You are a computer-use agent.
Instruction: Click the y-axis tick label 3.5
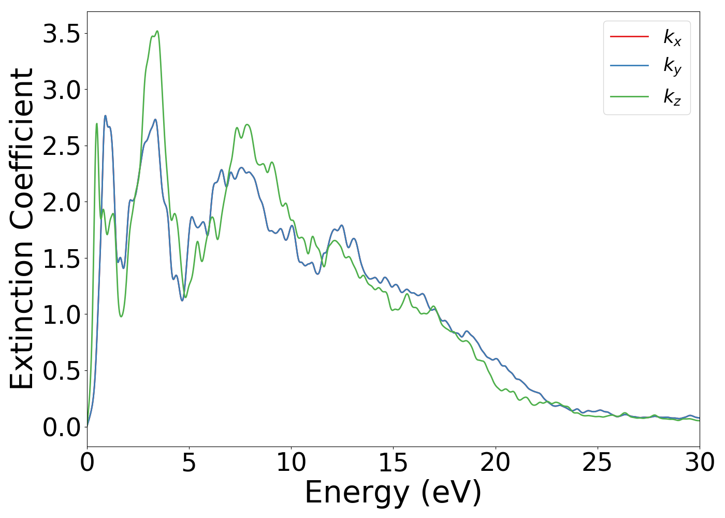[62, 34]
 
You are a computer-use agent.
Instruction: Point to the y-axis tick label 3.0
[62, 90]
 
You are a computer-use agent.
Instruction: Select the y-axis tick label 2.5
[62, 147]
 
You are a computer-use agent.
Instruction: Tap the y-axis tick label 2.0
[62, 203]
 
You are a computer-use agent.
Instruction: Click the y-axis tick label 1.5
[62, 259]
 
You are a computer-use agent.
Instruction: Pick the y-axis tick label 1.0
[62, 315]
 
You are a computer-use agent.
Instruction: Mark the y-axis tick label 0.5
[62, 371]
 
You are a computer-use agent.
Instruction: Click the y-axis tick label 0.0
[62, 428]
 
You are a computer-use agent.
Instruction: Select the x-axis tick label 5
[189, 463]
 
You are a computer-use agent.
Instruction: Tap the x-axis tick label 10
[291, 463]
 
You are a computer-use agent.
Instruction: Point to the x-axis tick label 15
[393, 463]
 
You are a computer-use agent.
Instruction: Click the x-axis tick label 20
[496, 463]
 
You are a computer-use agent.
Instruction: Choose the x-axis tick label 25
[598, 463]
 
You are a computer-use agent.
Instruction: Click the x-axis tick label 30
[700, 463]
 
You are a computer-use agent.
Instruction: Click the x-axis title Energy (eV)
[393, 492]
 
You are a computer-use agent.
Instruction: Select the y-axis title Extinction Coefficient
[22, 228]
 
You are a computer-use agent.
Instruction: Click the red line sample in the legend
[629, 36]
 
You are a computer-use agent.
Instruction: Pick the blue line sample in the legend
[629, 66]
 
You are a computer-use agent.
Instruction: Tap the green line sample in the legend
[629, 96]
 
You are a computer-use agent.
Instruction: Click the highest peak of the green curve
[157, 31]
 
